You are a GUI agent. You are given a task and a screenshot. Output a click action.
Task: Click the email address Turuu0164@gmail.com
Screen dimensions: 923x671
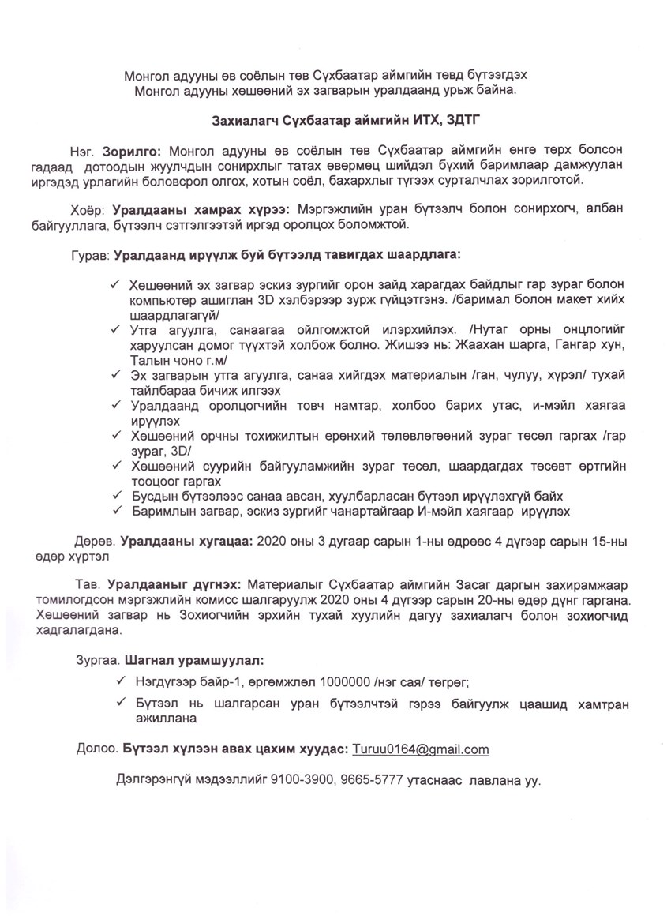[421, 749]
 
